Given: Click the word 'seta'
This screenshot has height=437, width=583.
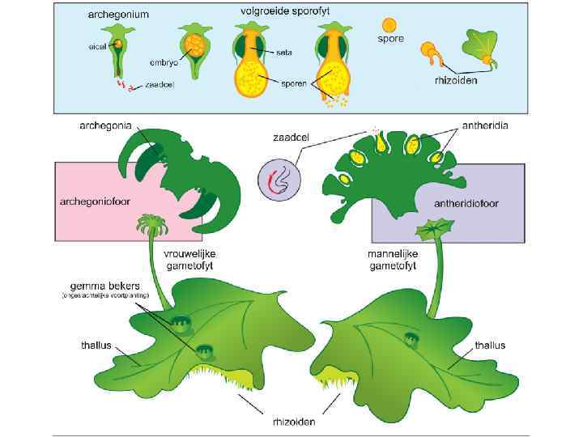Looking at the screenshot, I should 283,53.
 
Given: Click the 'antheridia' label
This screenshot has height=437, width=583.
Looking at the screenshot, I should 486,126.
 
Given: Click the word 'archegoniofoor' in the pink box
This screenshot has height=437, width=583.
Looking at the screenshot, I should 91,200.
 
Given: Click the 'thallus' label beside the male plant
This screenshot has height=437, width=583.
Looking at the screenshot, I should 490,346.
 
